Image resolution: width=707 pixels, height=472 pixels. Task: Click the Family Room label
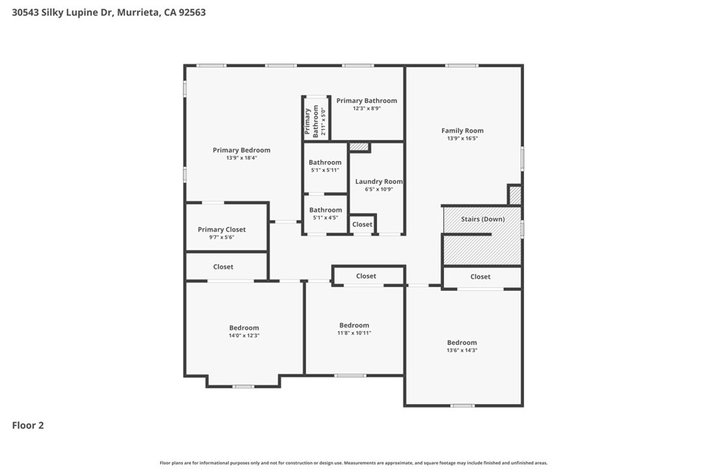tap(462, 131)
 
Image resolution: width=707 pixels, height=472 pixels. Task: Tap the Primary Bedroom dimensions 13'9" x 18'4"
tap(242, 158)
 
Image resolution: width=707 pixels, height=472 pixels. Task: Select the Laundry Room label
tap(379, 181)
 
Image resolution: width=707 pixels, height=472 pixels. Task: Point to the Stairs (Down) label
tap(483, 219)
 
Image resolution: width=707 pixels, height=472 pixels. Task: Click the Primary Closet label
tap(222, 229)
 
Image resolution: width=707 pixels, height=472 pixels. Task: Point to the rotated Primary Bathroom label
tap(311, 122)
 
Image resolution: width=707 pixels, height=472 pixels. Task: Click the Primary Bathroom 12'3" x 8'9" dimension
tap(367, 108)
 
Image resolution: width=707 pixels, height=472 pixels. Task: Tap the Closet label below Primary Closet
tap(223, 267)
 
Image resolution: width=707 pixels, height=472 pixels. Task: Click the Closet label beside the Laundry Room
tap(362, 225)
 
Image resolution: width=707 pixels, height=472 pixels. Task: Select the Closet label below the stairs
tap(481, 276)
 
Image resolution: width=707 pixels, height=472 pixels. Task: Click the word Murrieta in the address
tap(138, 12)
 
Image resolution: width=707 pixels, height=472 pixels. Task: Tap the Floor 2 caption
tap(28, 425)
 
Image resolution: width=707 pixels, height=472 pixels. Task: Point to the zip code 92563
tap(192, 12)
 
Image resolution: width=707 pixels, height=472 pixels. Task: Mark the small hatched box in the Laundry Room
tap(359, 147)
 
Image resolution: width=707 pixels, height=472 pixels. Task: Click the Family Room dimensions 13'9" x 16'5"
tap(462, 138)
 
